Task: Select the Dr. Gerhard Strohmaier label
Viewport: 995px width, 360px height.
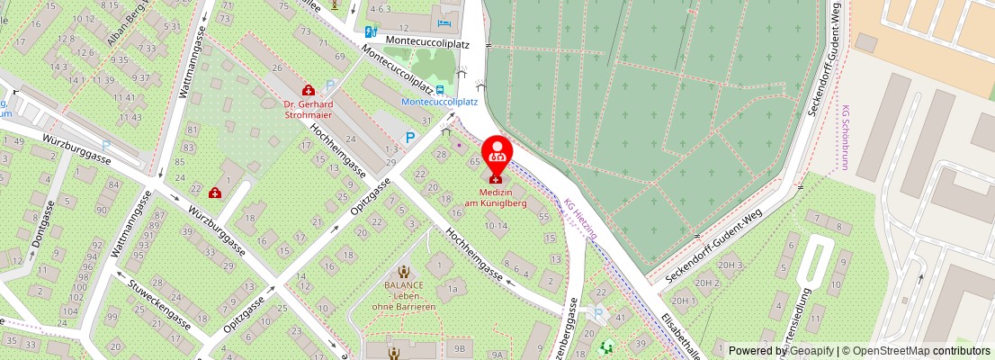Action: point(309,109)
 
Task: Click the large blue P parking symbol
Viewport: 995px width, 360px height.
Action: point(410,138)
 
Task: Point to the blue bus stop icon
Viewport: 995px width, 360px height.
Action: point(439,90)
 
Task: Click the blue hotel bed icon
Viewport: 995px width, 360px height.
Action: point(443,22)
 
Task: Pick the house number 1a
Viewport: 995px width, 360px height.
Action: point(453,288)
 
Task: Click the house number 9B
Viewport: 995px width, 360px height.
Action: point(460,346)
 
